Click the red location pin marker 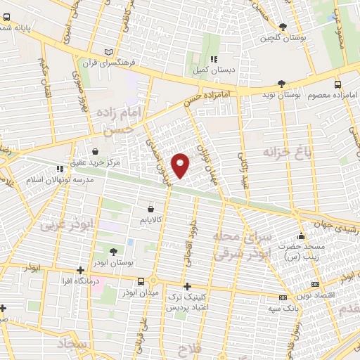(x=181, y=165)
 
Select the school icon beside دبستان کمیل (x=214, y=59)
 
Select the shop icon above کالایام (x=151, y=209)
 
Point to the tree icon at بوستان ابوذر (x=114, y=251)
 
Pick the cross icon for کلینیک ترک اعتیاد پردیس (x=186, y=286)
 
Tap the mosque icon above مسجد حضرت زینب (x=302, y=236)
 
